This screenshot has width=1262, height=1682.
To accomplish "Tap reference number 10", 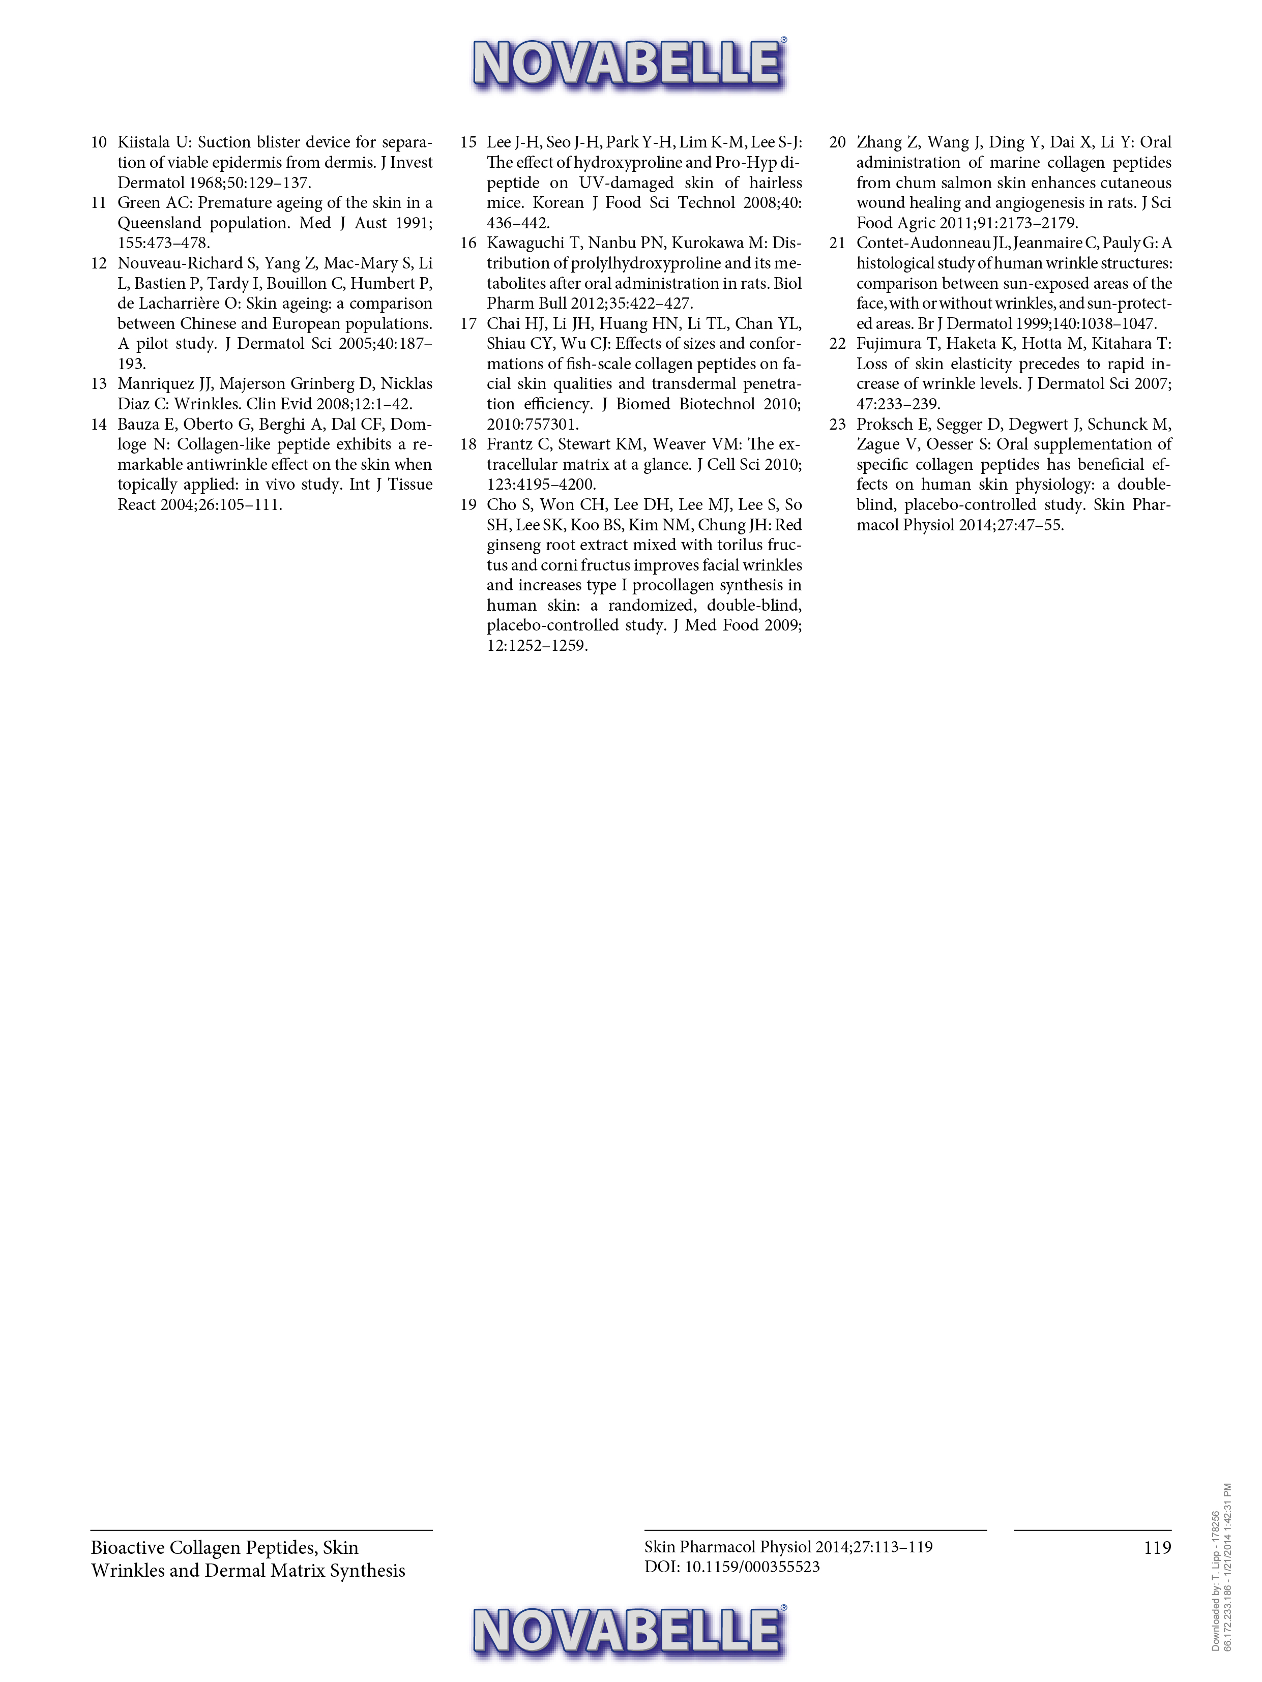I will point(99,142).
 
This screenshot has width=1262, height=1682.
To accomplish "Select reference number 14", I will point(99,424).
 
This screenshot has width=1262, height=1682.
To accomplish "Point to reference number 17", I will point(468,324).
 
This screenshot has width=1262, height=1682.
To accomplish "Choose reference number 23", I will point(838,424).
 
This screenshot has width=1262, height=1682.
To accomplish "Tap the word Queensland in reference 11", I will point(158,223).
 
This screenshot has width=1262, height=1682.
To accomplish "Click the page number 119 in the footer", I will point(1157,1547).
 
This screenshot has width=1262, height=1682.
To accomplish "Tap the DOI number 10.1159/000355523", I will point(752,1567).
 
